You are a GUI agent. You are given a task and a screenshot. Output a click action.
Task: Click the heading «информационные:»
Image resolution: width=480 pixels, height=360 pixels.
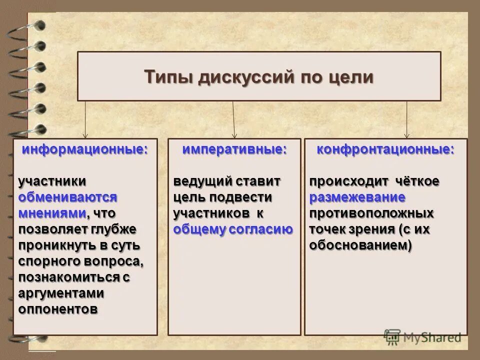point(85,149)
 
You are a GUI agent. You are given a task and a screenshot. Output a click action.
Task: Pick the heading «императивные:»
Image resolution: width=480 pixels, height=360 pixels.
point(234,149)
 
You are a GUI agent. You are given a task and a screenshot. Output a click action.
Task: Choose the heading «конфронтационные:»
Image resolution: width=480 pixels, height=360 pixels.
point(385,149)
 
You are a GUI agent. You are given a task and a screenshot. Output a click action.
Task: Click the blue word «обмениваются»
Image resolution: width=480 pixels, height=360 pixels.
point(67,197)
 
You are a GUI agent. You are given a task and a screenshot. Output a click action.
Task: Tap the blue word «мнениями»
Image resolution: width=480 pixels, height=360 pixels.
point(52,213)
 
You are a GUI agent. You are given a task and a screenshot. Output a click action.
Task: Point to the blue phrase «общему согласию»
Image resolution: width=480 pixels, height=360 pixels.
point(233,229)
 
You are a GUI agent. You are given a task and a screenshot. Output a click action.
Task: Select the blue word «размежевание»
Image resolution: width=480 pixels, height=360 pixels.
point(357,197)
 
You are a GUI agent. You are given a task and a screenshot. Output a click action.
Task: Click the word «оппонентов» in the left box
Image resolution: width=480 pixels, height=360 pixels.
point(58,309)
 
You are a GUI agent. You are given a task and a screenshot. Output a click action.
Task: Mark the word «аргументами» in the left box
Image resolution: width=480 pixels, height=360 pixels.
point(61,293)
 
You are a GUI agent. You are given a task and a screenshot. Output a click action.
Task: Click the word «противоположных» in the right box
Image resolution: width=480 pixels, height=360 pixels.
point(371,213)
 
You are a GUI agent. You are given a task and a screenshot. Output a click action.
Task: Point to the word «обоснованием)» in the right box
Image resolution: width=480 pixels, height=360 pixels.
point(360,245)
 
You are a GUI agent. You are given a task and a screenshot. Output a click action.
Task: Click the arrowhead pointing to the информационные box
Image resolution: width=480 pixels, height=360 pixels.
point(85,135)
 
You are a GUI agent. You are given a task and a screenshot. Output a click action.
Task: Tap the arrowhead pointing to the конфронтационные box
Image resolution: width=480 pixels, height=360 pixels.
point(406,135)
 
